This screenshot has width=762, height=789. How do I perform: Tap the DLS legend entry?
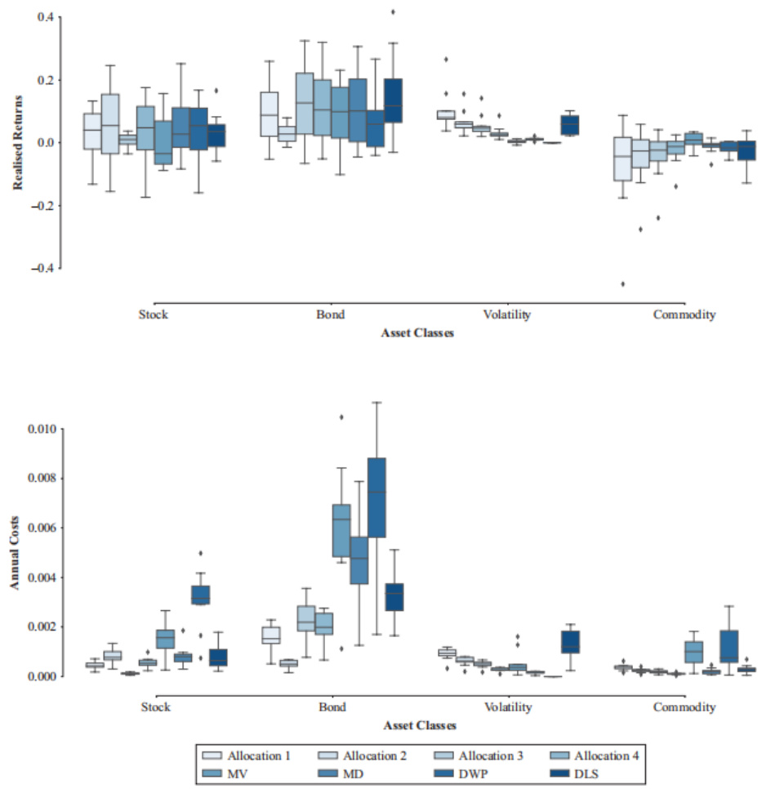(604, 771)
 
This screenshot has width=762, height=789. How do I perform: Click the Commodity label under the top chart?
(684, 314)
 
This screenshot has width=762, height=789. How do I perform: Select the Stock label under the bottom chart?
(155, 707)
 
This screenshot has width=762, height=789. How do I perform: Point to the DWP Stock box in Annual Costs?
(200, 595)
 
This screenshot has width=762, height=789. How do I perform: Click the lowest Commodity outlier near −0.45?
(623, 283)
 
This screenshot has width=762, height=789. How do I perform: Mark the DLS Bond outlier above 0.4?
(393, 11)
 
